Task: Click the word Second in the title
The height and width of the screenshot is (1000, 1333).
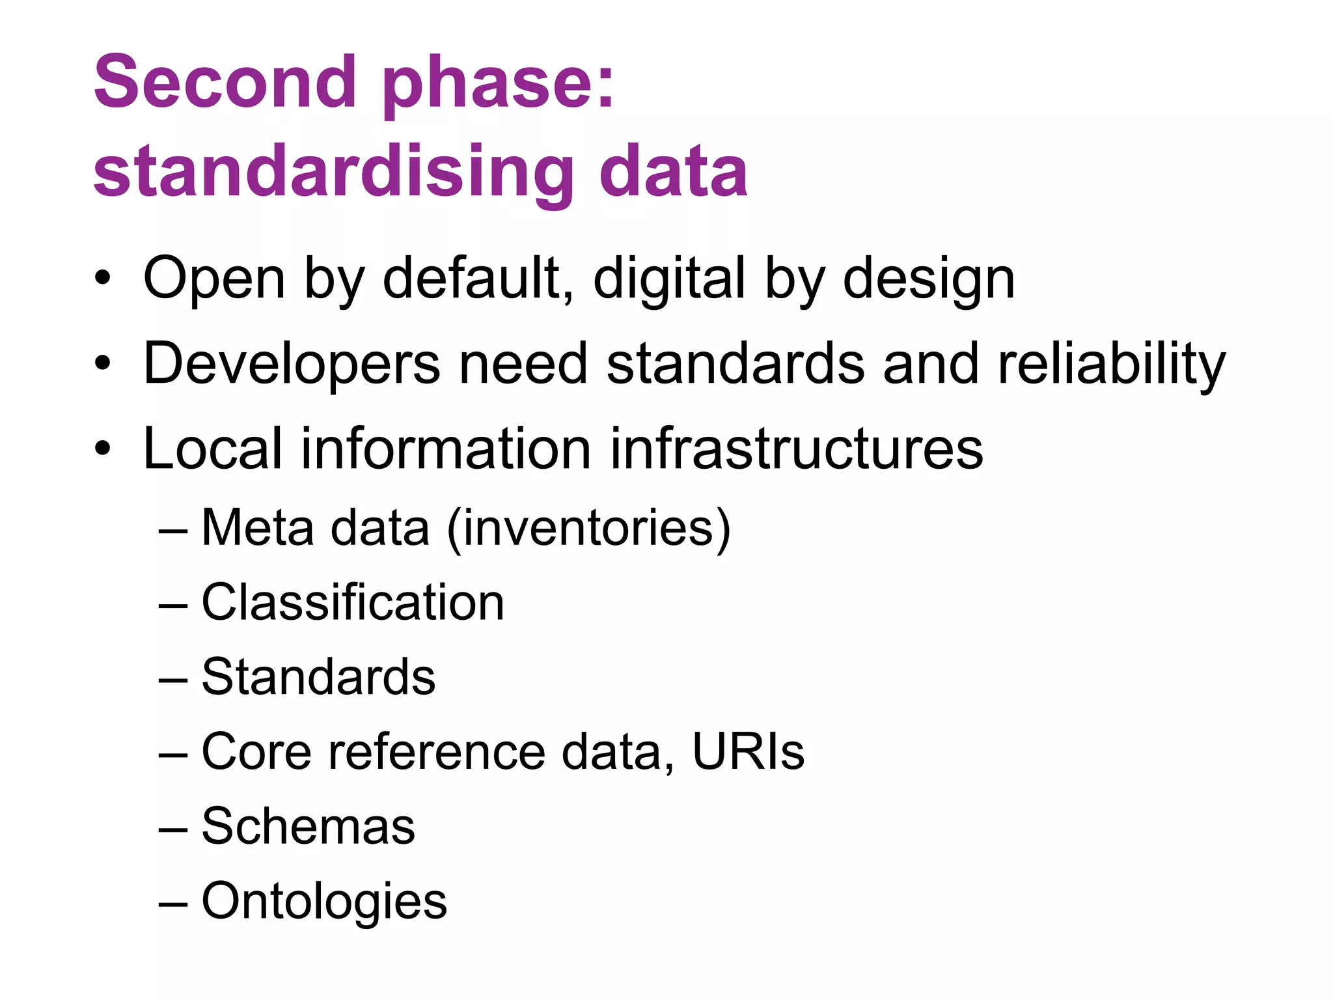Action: point(225,83)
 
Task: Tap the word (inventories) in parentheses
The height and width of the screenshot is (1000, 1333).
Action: point(589,528)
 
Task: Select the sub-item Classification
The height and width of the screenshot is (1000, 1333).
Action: point(353,602)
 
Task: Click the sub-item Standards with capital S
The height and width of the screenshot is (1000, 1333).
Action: point(318,676)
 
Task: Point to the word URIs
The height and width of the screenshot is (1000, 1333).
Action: point(748,751)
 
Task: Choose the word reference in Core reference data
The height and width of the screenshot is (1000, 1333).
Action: point(436,751)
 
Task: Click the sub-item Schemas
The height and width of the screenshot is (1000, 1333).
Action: point(308,826)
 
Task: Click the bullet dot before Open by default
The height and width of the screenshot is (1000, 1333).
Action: point(103,280)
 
